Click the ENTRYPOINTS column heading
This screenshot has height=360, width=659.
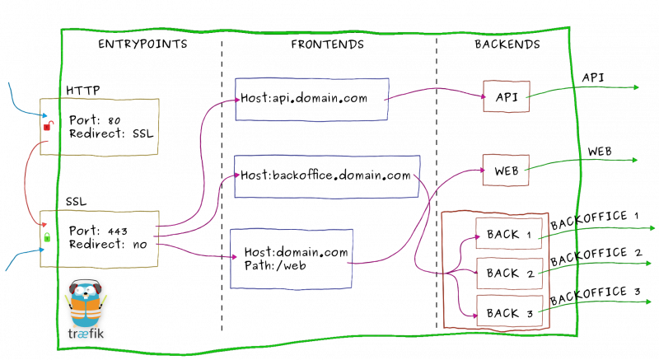coord(143,44)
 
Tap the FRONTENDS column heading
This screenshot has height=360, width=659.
coord(327,44)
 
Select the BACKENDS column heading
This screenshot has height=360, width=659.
coord(507,44)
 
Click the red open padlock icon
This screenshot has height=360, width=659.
coord(49,125)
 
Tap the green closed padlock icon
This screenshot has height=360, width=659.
coord(47,237)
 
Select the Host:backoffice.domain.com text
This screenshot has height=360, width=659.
coord(325,175)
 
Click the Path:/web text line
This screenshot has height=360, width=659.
coord(275,265)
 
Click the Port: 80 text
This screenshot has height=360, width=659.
coord(95,120)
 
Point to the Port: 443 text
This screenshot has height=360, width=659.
coord(98,231)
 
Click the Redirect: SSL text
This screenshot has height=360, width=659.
coord(111,134)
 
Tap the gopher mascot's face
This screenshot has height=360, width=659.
coord(86,291)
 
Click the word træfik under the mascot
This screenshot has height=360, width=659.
coord(86,334)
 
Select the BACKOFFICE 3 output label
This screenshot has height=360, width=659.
coord(595,295)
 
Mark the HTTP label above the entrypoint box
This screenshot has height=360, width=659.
coord(83,91)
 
